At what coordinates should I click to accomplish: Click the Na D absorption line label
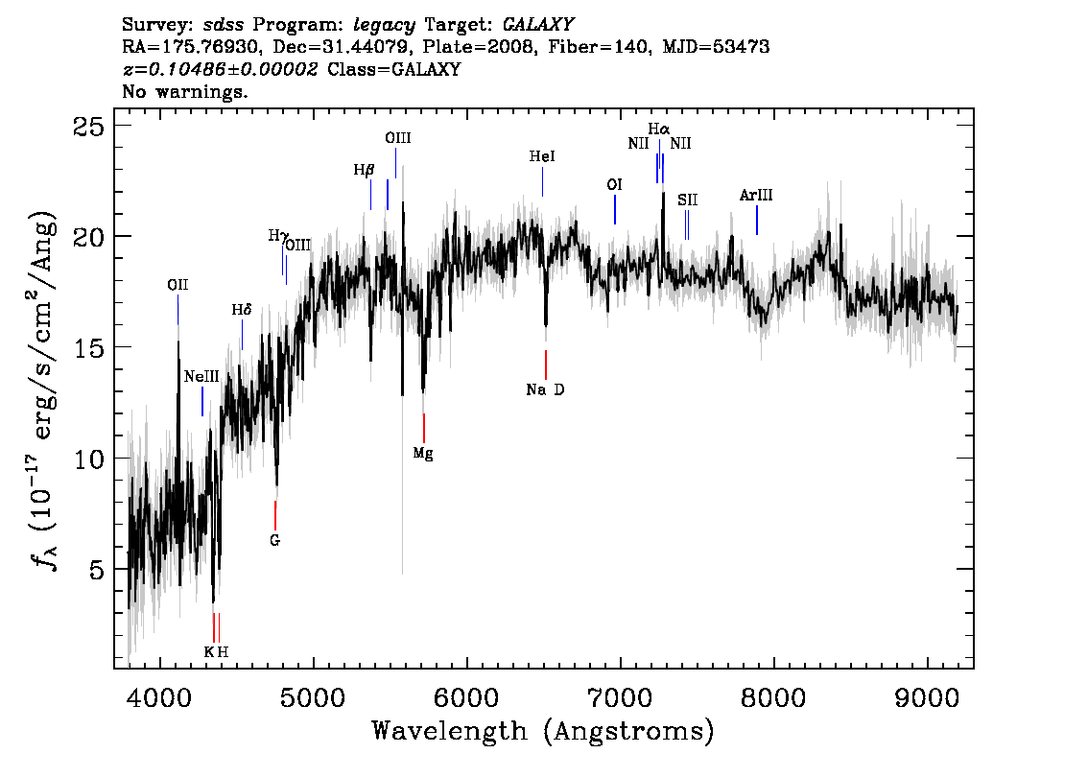545,389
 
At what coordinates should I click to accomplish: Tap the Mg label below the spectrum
423,454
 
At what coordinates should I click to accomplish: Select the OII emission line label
177,285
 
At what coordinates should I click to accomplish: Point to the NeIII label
201,377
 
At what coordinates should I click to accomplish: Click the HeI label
542,156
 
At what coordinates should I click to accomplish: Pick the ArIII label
756,196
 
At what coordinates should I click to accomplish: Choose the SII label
688,200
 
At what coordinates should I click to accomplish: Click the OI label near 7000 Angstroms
614,185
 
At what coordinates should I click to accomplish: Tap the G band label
274,540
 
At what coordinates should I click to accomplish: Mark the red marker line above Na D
546,365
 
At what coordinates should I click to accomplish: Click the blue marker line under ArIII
756,221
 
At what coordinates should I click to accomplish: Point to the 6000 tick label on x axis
467,698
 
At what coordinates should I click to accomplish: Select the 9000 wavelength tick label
927,698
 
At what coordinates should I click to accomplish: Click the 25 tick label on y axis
88,127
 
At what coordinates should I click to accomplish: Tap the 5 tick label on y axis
97,570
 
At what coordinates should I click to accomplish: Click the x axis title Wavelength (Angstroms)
543,732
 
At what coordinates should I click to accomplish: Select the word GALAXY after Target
537,25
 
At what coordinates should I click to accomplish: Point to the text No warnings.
184,91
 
